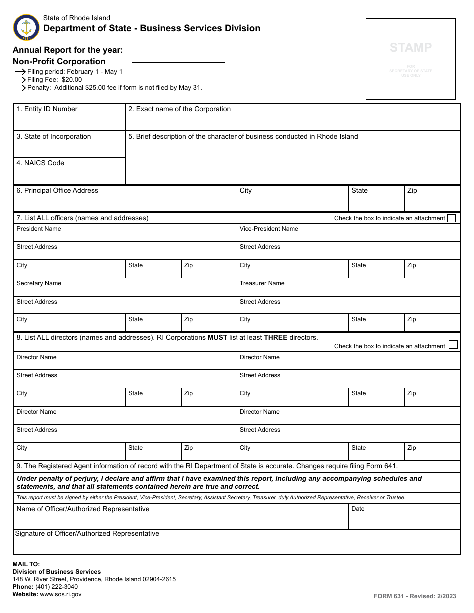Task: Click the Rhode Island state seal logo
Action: (26, 27)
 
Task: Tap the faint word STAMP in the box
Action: (411, 48)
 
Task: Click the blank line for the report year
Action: (178, 62)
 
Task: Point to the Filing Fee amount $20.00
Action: (72, 80)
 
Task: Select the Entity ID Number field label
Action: (47, 109)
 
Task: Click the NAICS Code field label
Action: (40, 163)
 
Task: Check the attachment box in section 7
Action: (452, 218)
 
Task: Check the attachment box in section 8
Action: (453, 344)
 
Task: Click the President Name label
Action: (39, 229)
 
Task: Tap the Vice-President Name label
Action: (269, 229)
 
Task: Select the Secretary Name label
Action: (39, 283)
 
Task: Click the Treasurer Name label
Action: (262, 283)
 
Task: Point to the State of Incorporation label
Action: (54, 137)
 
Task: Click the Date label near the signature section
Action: (358, 509)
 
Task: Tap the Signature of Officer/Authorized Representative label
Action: (87, 534)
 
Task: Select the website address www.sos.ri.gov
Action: (61, 594)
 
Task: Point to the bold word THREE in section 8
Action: (275, 338)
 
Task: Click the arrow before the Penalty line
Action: (20, 88)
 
